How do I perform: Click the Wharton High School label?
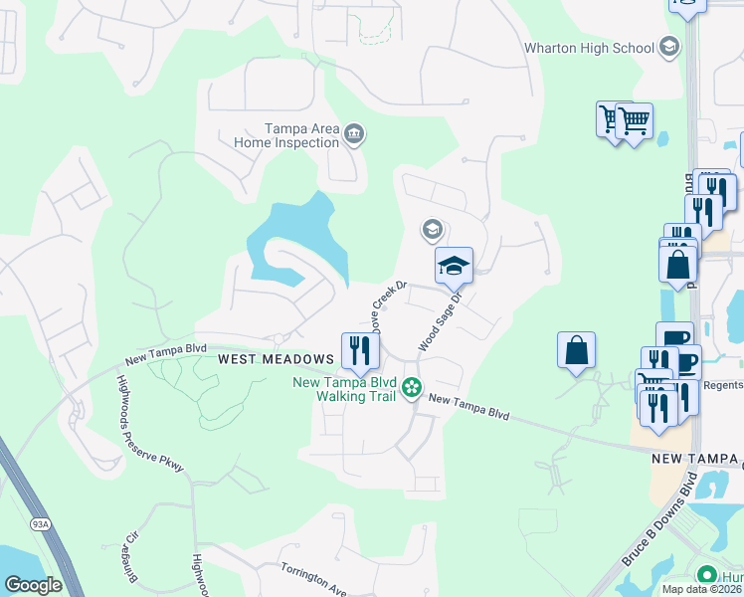coord(589,48)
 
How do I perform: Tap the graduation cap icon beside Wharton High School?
coord(669,47)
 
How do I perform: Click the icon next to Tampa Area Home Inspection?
coord(354,134)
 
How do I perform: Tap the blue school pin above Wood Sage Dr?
coord(454,265)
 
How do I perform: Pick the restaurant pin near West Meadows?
coord(360,350)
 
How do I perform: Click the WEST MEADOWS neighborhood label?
coord(276,358)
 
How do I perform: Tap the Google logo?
coord(34,585)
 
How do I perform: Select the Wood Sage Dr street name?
coord(441,320)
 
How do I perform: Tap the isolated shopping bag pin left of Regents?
coord(576,350)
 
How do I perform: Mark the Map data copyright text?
coord(702,589)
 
